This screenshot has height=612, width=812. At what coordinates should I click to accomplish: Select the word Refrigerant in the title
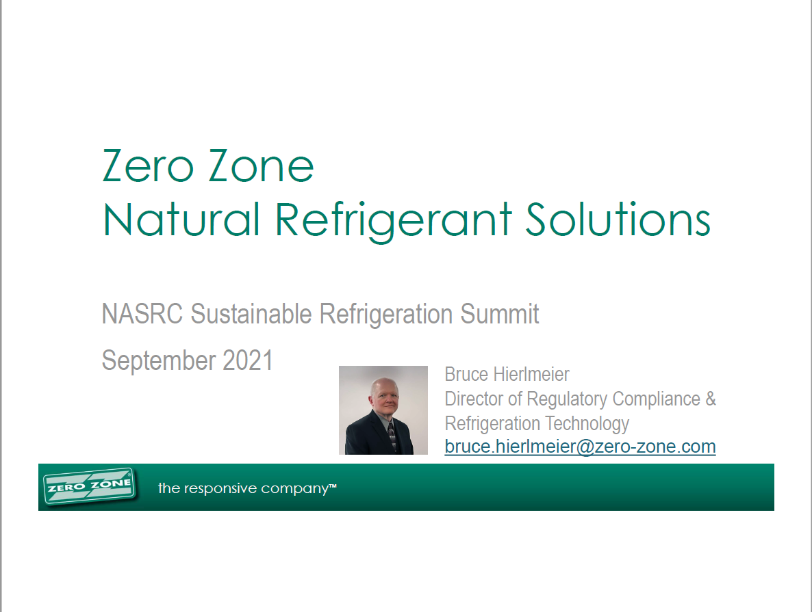pos(394,219)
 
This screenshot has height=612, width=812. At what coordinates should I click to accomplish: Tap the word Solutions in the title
pos(618,219)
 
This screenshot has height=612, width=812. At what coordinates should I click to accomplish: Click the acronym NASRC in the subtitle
pos(143,315)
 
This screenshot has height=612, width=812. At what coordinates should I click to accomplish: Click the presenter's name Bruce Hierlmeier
pos(507,375)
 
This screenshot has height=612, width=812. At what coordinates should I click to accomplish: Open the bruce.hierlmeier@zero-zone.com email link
pos(580,447)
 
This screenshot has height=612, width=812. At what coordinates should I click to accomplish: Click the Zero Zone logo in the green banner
pos(89,487)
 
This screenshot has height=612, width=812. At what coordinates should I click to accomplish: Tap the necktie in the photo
pos(390,436)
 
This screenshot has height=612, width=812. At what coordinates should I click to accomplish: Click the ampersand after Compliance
pos(710,399)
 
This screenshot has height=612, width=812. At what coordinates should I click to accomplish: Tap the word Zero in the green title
pos(146,166)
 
